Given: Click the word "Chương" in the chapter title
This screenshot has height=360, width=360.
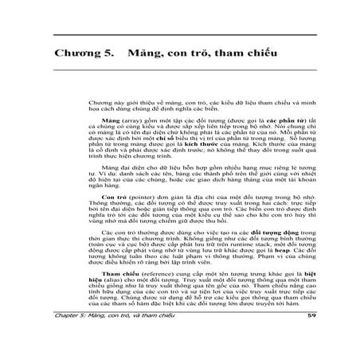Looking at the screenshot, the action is click(x=80, y=55).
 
